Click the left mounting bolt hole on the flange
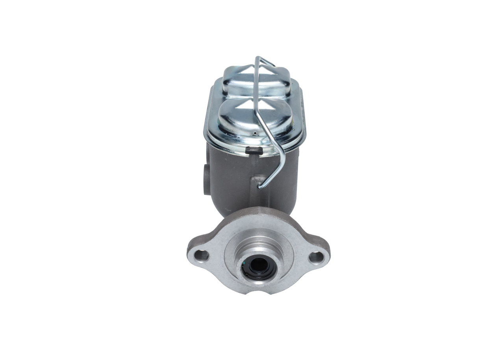click(202, 256)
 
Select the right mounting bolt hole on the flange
click(316, 258)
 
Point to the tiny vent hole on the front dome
click(255, 134)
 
